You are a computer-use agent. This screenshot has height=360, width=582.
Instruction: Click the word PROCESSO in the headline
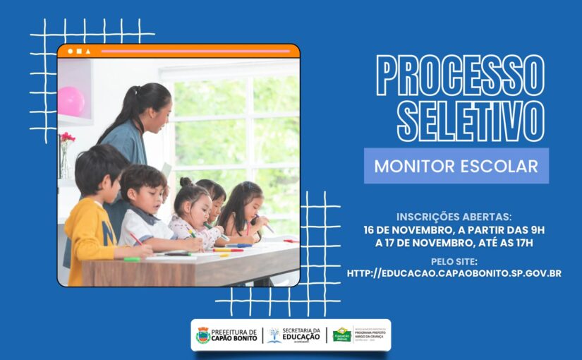460,76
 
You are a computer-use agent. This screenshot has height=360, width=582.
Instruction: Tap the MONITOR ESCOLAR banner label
456,167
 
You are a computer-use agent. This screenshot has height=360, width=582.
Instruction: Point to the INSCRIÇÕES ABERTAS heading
454,217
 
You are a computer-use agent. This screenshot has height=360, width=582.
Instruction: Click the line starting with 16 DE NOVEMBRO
454,230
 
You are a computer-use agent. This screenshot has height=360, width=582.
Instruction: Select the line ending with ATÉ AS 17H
454,244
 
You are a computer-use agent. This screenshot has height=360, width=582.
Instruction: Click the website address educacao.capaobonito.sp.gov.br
454,273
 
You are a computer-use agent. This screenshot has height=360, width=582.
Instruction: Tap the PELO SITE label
454,261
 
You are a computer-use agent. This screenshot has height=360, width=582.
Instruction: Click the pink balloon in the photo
71,101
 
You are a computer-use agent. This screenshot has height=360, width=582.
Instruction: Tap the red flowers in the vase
67,138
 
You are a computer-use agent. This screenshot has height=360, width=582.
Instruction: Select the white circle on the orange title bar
71,52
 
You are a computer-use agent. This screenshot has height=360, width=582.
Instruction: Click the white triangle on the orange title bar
88,52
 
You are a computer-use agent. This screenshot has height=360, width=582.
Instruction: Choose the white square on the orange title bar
79,52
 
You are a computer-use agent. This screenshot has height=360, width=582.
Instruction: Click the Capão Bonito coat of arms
202,335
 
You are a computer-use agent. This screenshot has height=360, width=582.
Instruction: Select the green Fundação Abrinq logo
342,335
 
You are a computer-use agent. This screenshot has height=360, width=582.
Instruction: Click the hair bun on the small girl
185,182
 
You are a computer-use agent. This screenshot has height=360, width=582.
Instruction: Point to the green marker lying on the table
132,259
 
